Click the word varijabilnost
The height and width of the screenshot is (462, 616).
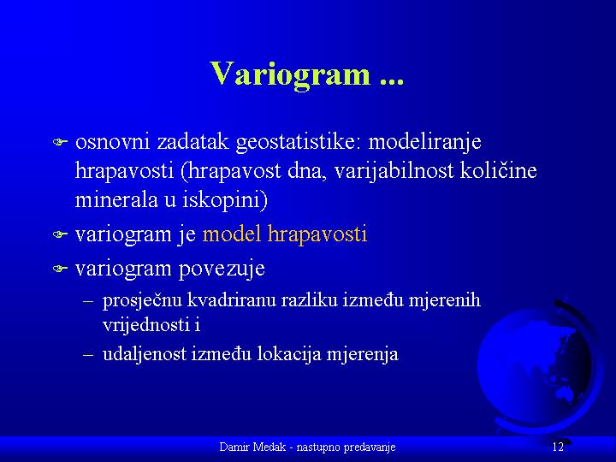(394, 171)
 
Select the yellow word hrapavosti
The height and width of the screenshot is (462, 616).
(317, 235)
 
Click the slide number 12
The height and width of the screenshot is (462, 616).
(558, 447)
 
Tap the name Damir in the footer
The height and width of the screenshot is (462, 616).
(232, 447)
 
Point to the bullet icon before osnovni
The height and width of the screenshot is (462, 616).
(60, 142)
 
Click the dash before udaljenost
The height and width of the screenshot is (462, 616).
(88, 355)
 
